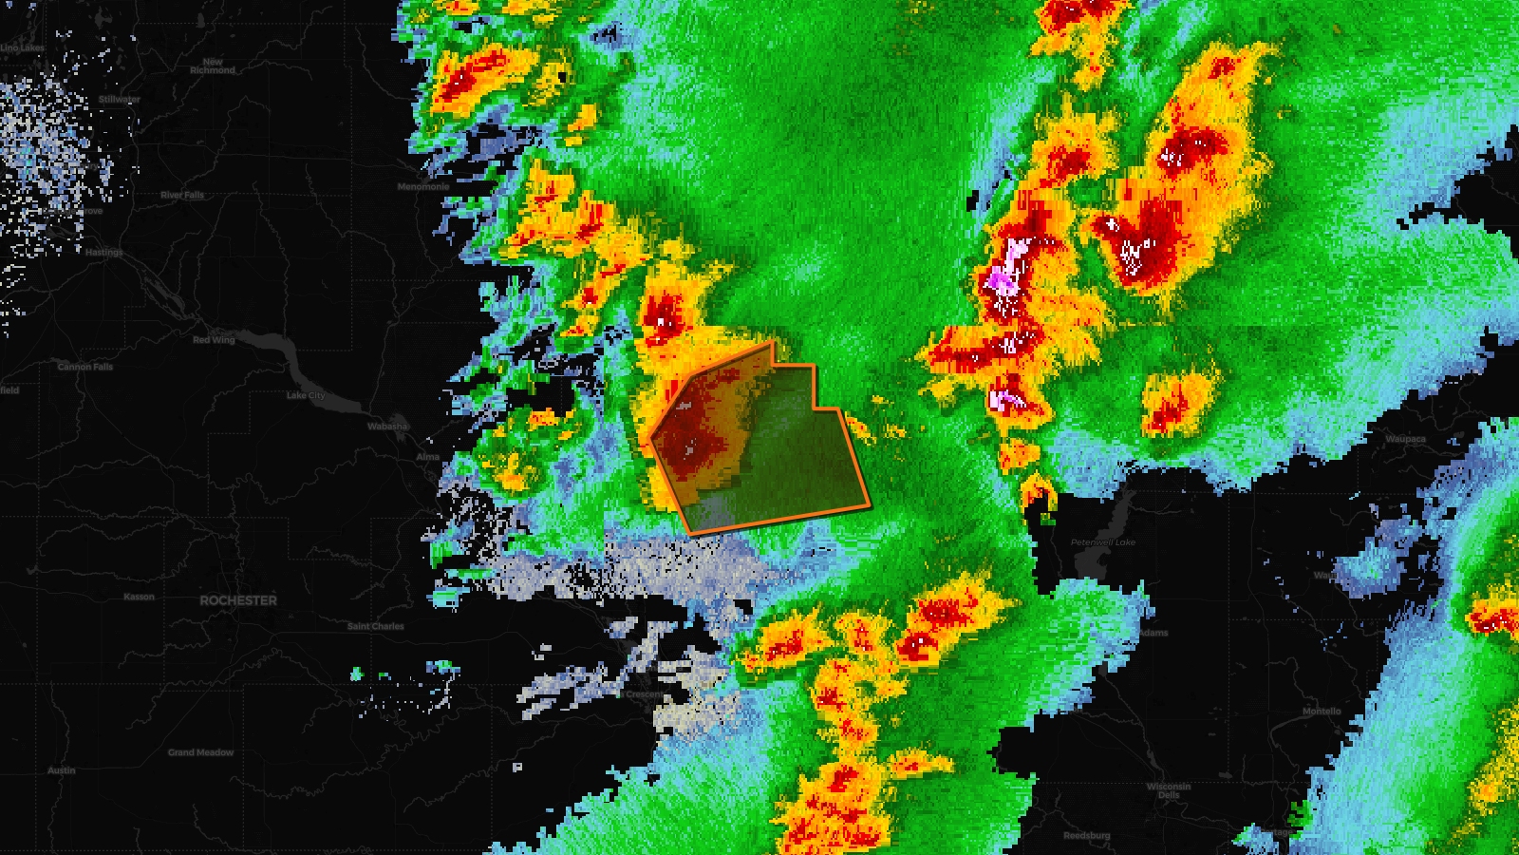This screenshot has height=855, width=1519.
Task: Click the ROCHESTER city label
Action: [x=238, y=600]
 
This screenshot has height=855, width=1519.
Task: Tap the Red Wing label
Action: [x=214, y=340]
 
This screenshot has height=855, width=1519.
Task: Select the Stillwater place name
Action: [x=120, y=100]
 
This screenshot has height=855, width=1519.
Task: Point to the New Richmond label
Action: [x=213, y=66]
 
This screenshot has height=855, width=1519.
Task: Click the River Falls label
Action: [x=182, y=195]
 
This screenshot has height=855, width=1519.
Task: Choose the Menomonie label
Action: [x=423, y=187]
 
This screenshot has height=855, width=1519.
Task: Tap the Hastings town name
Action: [x=104, y=253]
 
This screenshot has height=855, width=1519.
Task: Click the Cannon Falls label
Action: [x=85, y=367]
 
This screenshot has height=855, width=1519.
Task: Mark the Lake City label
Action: [x=306, y=395]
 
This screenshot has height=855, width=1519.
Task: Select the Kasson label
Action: [x=139, y=597]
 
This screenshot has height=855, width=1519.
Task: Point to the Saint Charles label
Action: [x=376, y=626]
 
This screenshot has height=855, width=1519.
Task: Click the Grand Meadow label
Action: [x=200, y=752]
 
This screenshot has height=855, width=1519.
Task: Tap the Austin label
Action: [x=62, y=770]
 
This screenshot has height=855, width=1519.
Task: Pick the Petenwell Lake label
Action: [x=1103, y=542]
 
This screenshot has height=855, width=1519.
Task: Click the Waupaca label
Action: [x=1405, y=439]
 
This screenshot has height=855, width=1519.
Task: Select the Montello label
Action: [x=1322, y=711]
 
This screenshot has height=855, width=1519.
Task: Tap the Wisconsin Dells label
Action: [x=1169, y=790]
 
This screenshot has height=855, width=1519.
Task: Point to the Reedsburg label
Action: [x=1087, y=836]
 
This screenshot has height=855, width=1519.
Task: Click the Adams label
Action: [x=1153, y=633]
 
